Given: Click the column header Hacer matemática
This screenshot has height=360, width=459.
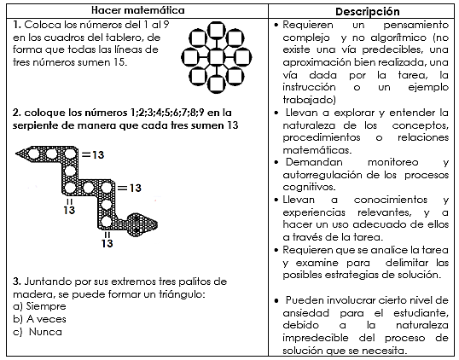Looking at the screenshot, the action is (138, 10).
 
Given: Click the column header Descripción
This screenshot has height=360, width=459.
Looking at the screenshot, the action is (368, 11).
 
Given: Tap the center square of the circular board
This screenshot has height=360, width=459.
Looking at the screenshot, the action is (217, 57).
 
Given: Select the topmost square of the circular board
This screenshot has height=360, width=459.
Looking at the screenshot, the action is (217, 31).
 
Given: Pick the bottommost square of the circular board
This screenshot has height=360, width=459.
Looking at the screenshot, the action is (217, 84).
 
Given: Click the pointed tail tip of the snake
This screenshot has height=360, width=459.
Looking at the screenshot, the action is (16, 153).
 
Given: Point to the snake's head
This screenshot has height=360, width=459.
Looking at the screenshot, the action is (142, 224).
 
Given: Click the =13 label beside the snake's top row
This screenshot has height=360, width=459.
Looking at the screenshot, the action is (93, 154).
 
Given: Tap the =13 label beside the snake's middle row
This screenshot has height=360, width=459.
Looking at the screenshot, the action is (130, 188).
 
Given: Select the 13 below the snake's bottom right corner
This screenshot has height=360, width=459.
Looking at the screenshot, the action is (107, 243).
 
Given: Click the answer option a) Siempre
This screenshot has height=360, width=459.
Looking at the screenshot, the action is (39, 306).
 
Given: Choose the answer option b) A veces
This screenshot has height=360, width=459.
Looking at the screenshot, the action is (39, 319).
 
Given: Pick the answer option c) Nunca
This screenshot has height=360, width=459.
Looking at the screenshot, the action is (38, 332).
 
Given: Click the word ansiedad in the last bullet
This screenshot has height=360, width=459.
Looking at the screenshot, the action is (305, 313).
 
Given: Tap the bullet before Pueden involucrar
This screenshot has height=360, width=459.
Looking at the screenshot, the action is (276, 300).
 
